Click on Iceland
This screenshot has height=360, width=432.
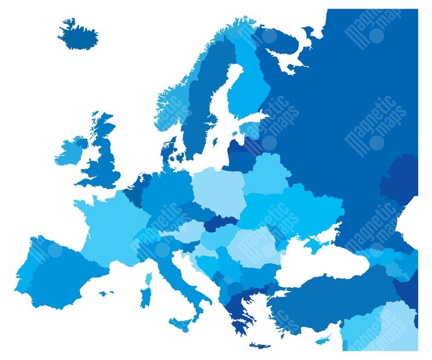(78, 35)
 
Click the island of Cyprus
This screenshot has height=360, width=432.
(323, 340)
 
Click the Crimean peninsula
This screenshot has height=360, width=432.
(312, 246)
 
